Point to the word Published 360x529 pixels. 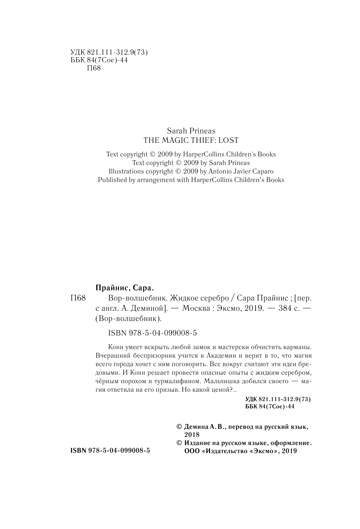click(x=113, y=180)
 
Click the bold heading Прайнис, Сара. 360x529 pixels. click(x=122, y=288)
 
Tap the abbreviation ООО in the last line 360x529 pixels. click(x=190, y=451)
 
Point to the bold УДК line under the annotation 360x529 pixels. click(x=279, y=399)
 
